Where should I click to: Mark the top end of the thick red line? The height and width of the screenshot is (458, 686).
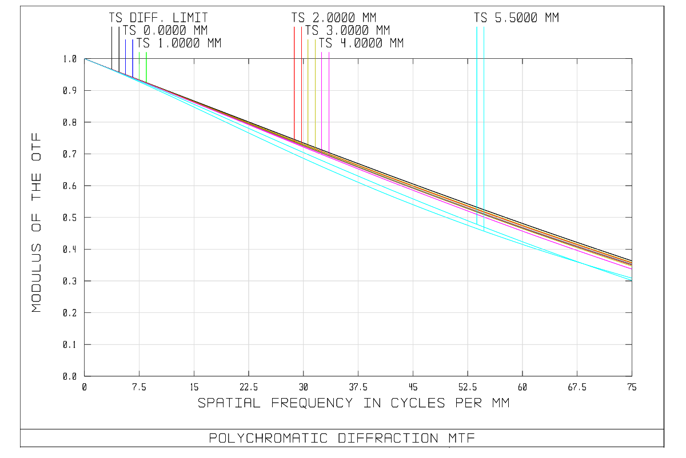coord(294,26)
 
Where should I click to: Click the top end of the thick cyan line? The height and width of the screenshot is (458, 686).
coord(477,26)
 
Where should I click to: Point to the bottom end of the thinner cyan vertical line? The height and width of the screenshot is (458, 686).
coord(484,230)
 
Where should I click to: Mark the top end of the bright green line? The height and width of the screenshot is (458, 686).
coord(146,53)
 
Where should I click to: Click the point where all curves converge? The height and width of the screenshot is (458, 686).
coord(85,58)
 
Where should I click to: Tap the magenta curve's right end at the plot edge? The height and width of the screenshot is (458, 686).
coord(632,268)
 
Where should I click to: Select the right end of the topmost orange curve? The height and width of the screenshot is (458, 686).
coord(632,262)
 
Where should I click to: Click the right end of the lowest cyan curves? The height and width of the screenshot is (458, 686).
coord(632,280)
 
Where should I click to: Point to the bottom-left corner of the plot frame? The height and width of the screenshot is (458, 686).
coord(85,376)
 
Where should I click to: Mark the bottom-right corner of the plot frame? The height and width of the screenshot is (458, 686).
coord(632,376)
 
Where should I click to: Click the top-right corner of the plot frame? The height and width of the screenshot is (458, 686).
coord(632,58)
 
